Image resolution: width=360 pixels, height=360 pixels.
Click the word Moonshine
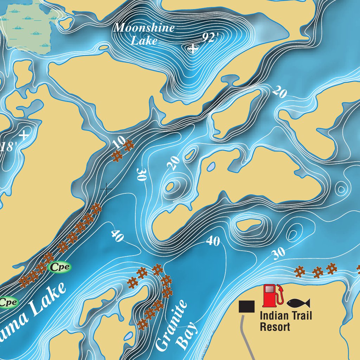[x=144, y=27]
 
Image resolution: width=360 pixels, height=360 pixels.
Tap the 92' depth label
[x=210, y=38]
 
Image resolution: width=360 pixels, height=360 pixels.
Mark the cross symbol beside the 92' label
[x=193, y=49]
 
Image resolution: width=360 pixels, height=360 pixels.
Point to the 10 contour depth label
[x=119, y=141]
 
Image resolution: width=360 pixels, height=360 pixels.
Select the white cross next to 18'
[x=24, y=135]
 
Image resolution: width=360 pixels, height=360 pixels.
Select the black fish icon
[x=298, y=303]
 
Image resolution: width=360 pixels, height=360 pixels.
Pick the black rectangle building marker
[x=246, y=306]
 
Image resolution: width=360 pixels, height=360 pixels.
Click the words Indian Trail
[x=285, y=315]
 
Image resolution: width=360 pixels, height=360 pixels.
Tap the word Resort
[x=275, y=327]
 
